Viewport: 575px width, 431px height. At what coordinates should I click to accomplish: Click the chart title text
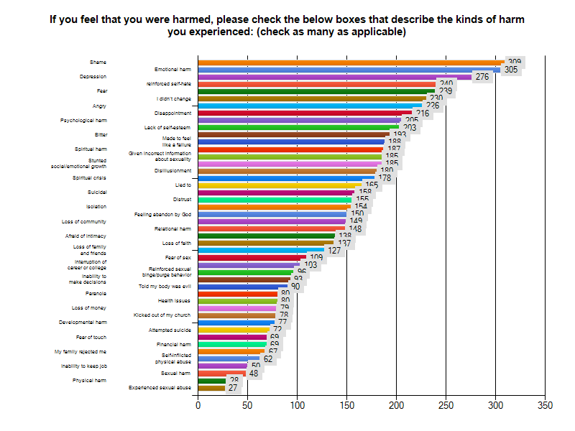pyautogui.click(x=287, y=26)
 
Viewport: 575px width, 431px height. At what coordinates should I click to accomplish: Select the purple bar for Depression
pyautogui.click(x=334, y=77)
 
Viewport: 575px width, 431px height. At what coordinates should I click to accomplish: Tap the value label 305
pyautogui.click(x=511, y=70)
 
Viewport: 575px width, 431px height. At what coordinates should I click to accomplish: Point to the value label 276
pyautogui.click(x=482, y=77)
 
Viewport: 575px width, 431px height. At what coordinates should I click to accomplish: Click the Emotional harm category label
pyautogui.click(x=173, y=70)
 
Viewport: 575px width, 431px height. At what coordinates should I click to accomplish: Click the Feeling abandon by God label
pyautogui.click(x=163, y=214)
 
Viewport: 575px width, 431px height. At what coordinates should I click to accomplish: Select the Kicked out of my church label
pyautogui.click(x=162, y=315)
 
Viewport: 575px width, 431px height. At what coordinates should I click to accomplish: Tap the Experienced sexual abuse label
pyautogui.click(x=160, y=388)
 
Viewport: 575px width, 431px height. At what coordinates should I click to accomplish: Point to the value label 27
pyautogui.click(x=233, y=388)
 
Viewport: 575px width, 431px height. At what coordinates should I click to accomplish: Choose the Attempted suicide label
pyautogui.click(x=170, y=330)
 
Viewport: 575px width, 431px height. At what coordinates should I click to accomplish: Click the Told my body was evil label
pyautogui.click(x=165, y=287)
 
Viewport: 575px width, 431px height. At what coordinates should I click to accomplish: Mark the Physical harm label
pyautogui.click(x=89, y=381)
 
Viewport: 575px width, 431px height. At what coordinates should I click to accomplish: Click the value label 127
pyautogui.click(x=334, y=251)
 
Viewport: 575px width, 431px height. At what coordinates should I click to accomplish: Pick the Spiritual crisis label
pyautogui.click(x=89, y=177)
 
